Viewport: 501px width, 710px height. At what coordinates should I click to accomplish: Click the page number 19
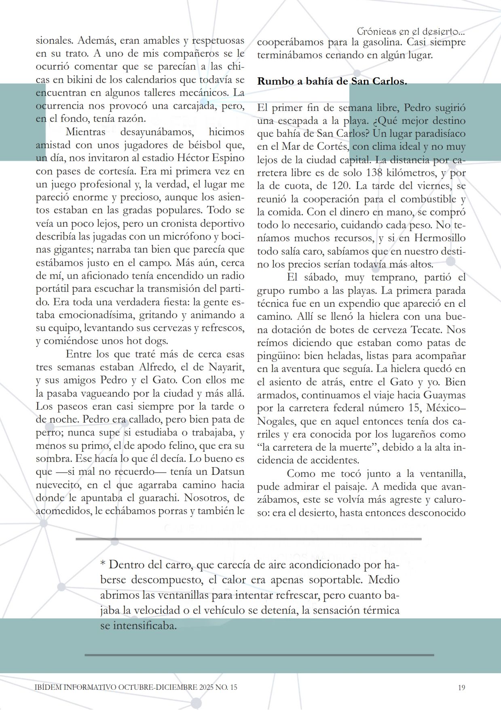click(462, 687)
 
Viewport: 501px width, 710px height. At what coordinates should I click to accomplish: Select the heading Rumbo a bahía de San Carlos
click(332, 81)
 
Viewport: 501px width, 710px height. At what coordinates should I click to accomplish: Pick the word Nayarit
click(226, 367)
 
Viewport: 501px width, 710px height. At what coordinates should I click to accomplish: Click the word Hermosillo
click(440, 238)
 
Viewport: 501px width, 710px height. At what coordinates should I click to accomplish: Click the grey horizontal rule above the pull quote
click(248, 539)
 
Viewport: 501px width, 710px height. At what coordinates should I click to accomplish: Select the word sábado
click(326, 277)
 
